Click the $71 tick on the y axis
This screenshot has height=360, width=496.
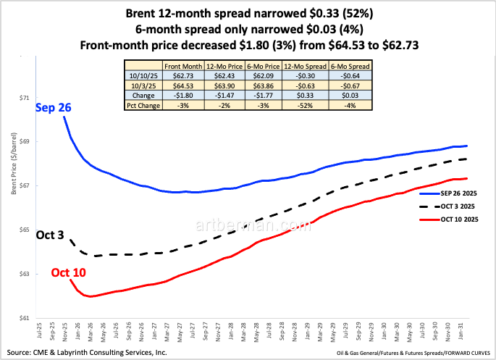point(25,97)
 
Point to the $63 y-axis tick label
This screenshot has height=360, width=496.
point(25,274)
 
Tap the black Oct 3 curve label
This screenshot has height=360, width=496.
point(51,235)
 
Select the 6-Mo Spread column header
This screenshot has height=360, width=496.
point(350,65)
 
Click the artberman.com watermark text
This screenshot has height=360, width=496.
point(248,226)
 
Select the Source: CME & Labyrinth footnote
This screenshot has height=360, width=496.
point(85,353)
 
